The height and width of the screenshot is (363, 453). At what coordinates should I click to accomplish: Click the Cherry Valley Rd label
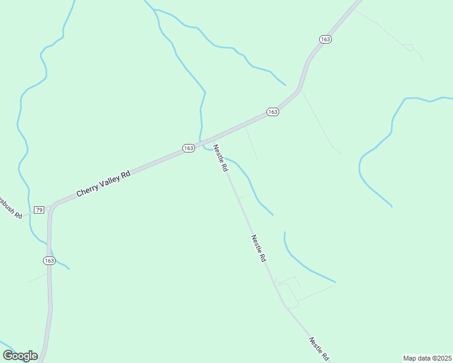pyautogui.click(x=104, y=183)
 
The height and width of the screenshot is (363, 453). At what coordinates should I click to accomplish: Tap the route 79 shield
pyautogui.click(x=39, y=209)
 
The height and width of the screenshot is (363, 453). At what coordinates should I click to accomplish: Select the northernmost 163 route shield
pyautogui.click(x=325, y=39)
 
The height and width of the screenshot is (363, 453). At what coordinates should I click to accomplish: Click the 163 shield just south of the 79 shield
pyautogui.click(x=49, y=261)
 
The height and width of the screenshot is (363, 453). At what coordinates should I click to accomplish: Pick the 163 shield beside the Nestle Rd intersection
pyautogui.click(x=188, y=148)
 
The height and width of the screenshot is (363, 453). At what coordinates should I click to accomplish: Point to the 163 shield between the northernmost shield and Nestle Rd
pyautogui.click(x=273, y=112)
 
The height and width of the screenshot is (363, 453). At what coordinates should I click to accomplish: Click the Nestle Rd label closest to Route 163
pyautogui.click(x=220, y=159)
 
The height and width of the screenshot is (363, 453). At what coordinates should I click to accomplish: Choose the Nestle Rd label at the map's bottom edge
pyautogui.click(x=319, y=349)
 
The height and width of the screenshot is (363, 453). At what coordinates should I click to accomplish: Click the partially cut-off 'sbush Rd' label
pyautogui.click(x=11, y=207)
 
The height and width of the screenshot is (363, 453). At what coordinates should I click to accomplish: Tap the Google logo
pyautogui.click(x=20, y=355)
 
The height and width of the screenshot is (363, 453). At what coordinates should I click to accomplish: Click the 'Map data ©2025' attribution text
pyautogui.click(x=427, y=358)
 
